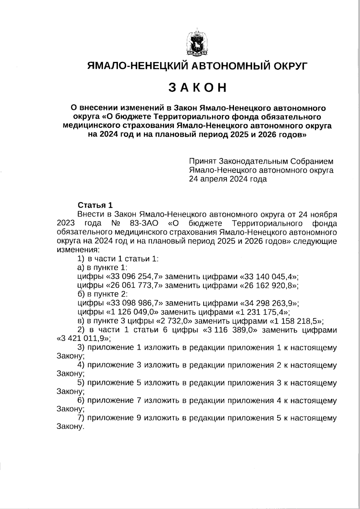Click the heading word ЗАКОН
point(197,87)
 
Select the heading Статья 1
point(95,205)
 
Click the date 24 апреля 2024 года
point(228,179)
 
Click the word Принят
point(202,162)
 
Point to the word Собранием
point(312,162)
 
